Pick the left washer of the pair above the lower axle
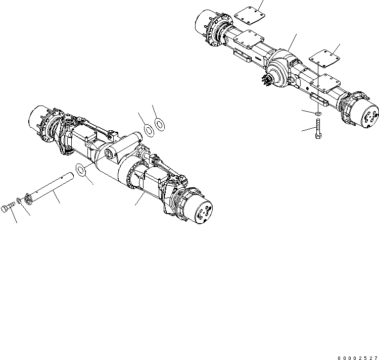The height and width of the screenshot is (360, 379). (x=150, y=129)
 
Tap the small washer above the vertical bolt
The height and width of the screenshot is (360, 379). (x=317, y=115)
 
